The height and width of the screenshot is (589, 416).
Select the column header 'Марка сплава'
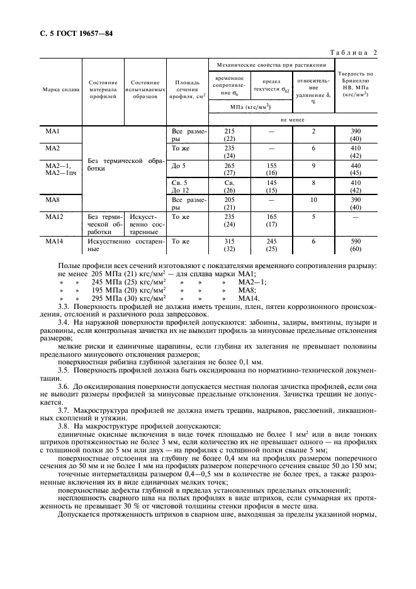point(61,89)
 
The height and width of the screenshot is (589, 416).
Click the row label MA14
point(53,241)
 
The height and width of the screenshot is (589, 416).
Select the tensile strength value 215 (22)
point(230,135)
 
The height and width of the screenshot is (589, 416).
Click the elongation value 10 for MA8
point(313,199)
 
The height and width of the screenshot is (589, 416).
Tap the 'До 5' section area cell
point(179,165)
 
